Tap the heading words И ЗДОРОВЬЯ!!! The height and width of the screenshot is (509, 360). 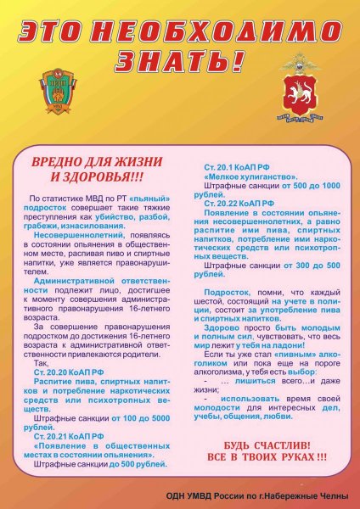coord(97,177)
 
